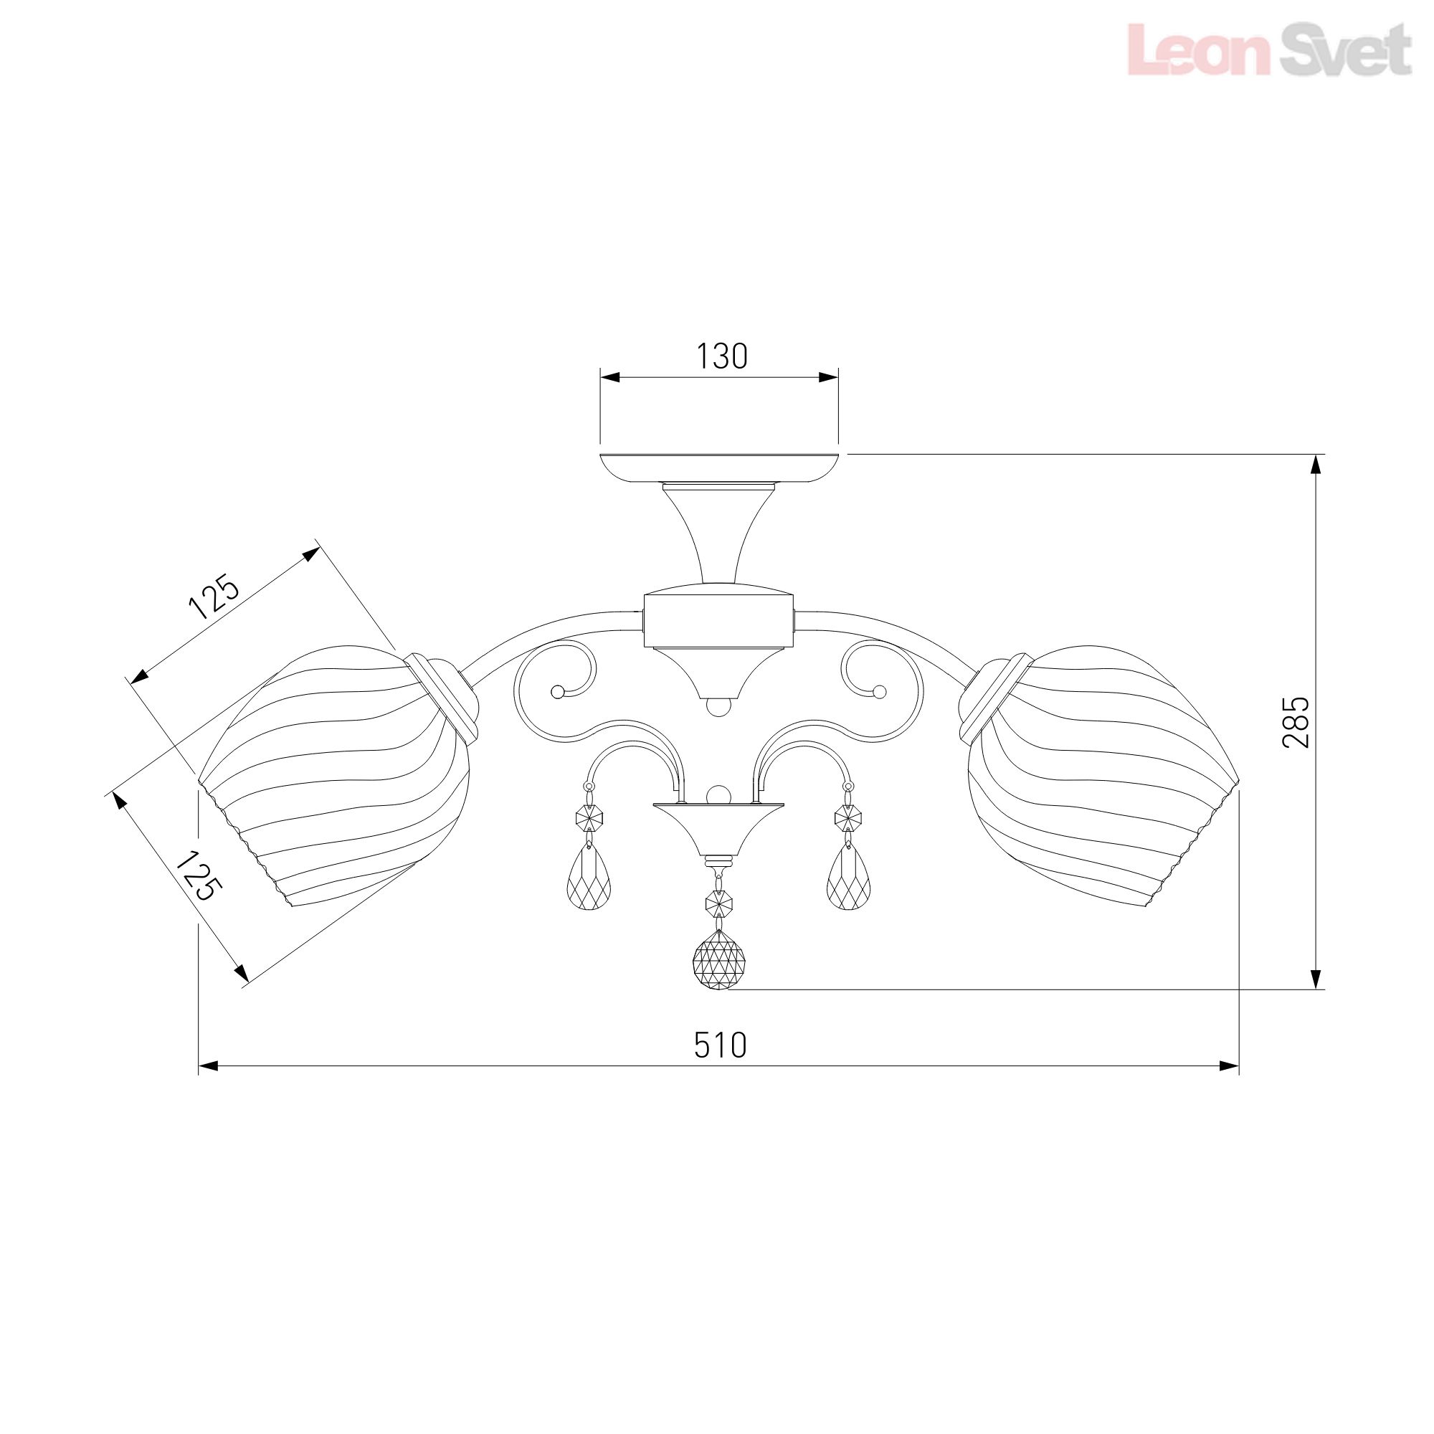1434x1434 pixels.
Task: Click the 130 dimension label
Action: pos(721,356)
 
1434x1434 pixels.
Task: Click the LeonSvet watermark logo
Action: pos(1268,49)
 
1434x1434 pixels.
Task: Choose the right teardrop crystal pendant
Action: pos(849,877)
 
